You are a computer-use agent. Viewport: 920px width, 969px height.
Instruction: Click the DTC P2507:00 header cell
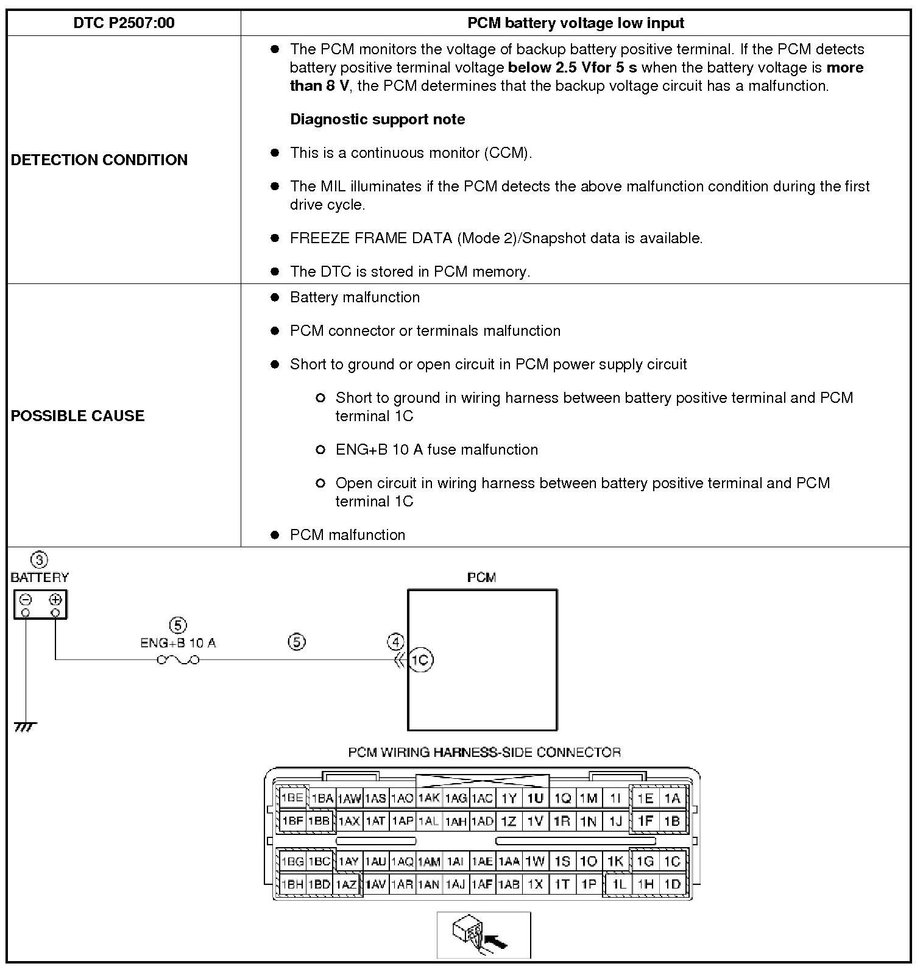124,23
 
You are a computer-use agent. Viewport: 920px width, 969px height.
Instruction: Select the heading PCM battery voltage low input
575,23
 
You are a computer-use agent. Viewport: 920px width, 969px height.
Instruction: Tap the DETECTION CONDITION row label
99,160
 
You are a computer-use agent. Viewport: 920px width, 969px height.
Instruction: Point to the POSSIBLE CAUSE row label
78,416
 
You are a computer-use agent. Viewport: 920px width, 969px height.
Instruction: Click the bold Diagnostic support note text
377,119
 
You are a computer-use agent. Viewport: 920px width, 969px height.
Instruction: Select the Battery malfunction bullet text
355,297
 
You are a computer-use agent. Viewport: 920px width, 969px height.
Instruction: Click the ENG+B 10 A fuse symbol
178,659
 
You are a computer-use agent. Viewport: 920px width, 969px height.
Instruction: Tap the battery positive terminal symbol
55,599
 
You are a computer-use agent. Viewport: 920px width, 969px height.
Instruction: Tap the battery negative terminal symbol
26,599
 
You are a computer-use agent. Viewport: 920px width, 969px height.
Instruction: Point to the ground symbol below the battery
25,726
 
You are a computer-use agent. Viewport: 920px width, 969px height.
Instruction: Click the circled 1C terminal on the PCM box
420,660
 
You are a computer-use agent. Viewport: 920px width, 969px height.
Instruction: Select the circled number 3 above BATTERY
39,560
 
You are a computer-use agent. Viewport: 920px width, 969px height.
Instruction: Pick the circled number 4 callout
396,642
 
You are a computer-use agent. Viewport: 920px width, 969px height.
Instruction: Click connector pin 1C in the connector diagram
672,862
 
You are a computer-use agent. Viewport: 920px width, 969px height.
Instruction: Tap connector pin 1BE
292,798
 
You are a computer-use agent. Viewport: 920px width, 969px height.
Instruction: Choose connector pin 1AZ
347,884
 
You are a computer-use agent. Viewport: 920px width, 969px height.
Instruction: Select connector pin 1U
535,798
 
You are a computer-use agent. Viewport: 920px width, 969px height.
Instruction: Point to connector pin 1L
619,884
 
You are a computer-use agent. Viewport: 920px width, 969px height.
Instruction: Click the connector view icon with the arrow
484,935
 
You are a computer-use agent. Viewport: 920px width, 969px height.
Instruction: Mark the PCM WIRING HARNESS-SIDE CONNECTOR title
484,752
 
